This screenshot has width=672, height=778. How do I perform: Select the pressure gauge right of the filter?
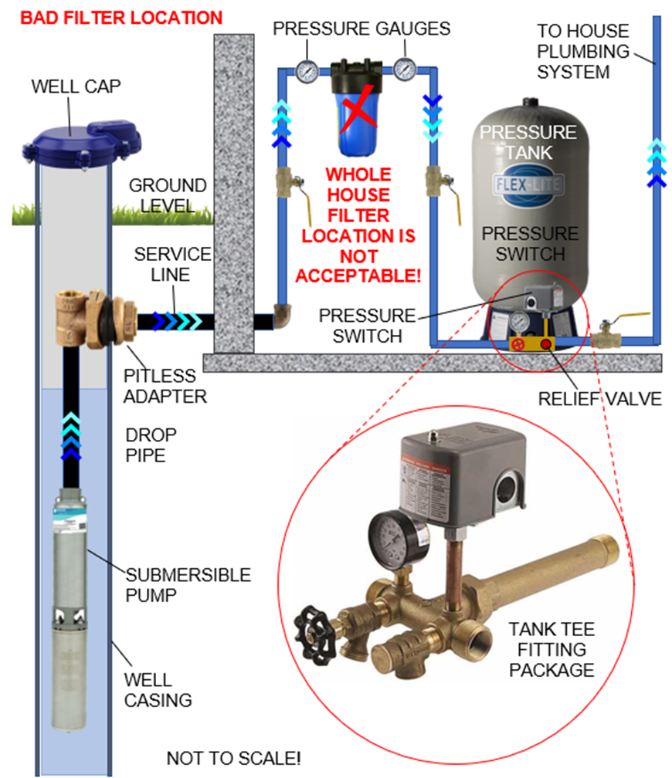(404, 70)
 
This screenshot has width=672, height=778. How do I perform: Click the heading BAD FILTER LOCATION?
(121, 17)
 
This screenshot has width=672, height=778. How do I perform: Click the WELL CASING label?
(158, 691)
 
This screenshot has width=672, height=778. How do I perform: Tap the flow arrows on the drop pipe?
(70, 435)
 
